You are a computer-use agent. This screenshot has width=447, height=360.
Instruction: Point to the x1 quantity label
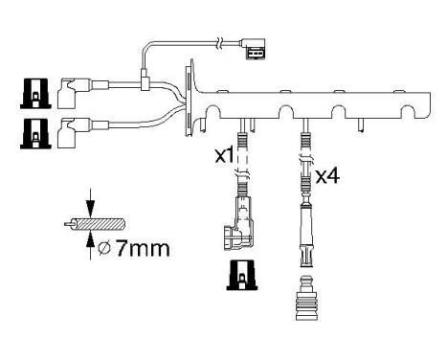click(x=223, y=156)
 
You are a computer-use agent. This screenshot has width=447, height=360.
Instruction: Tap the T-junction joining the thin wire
click(x=145, y=84)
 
